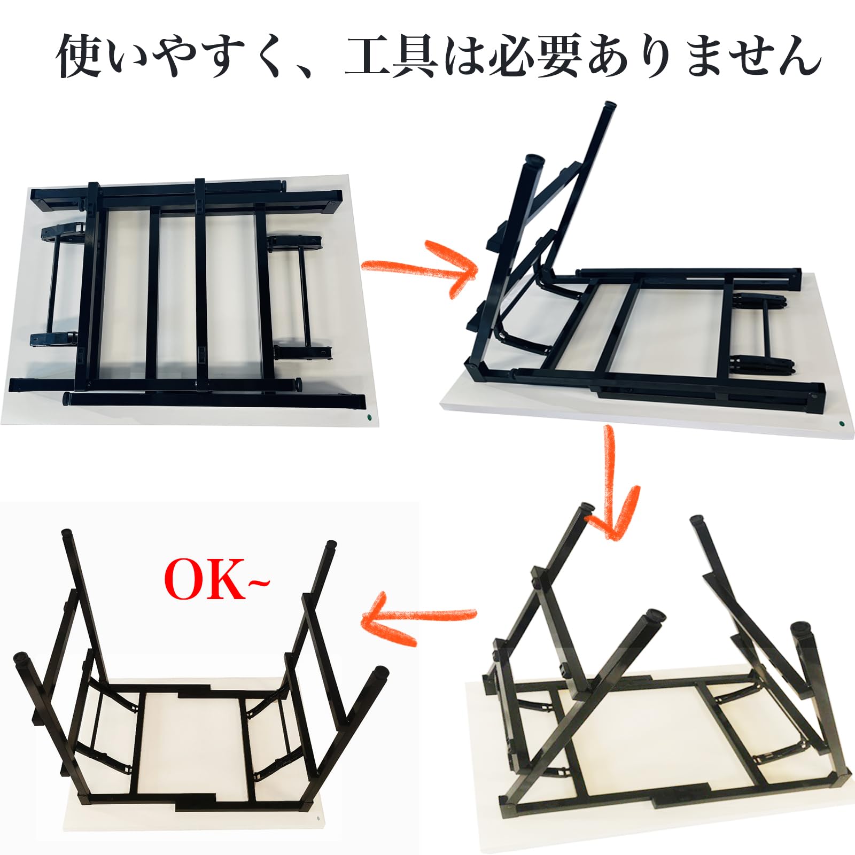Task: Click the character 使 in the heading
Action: (x=80, y=56)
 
